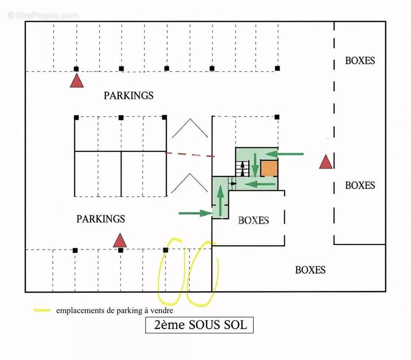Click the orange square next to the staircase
pyautogui.click(x=269, y=168)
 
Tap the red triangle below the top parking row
pyautogui.click(x=77, y=81)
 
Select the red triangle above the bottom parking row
pyautogui.click(x=120, y=240)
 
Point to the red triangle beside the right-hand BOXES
pyautogui.click(x=326, y=162)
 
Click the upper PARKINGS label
pyautogui.click(x=129, y=95)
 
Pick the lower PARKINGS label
pyautogui.click(x=101, y=219)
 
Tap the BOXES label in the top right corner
pyautogui.click(x=360, y=61)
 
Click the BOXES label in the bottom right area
pyautogui.click(x=310, y=270)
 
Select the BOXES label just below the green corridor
pyautogui.click(x=254, y=220)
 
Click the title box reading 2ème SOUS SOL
pyautogui.click(x=200, y=325)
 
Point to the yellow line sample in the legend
pyautogui.click(x=42, y=310)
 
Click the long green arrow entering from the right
pyautogui.click(x=284, y=154)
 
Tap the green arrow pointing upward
pyautogui.click(x=221, y=200)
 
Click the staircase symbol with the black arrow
pyautogui.click(x=242, y=169)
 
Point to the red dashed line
pyautogui.click(x=190, y=154)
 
